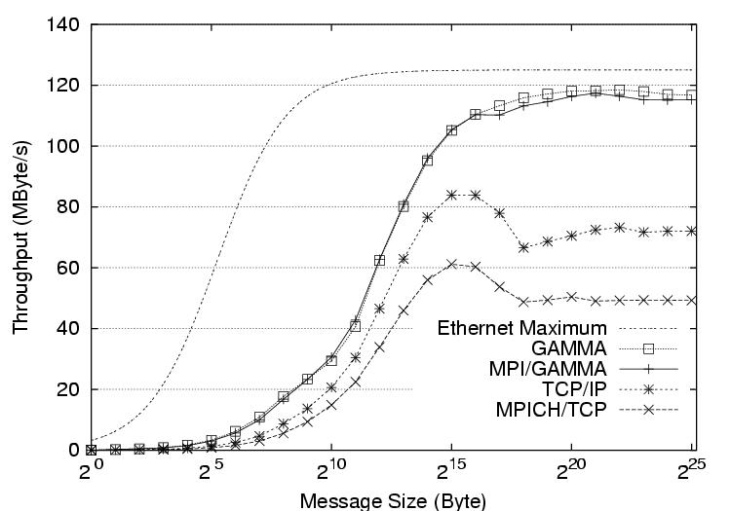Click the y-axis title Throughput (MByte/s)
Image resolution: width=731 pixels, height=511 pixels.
coord(20,237)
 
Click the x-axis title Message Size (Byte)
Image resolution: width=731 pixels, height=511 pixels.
coord(393,500)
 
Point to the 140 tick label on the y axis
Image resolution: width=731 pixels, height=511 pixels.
coord(61,24)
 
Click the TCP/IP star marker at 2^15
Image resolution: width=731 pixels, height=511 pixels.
coord(451,195)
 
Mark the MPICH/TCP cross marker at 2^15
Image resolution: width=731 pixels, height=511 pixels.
coord(451,264)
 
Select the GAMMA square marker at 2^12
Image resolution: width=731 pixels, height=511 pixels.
coord(379,260)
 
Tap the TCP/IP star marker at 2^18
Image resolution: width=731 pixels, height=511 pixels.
coord(523,247)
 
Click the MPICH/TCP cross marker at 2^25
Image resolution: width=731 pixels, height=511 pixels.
coord(692,300)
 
